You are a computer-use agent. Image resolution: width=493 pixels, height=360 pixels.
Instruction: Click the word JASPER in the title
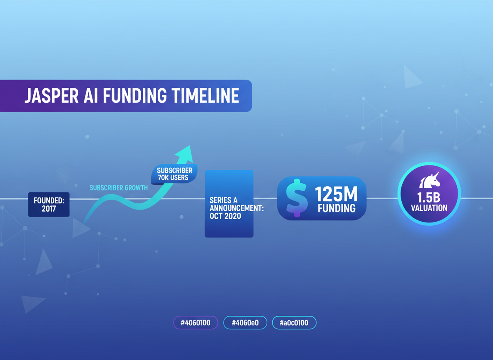tap(52, 96)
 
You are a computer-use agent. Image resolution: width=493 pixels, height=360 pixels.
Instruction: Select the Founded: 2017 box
tap(49, 205)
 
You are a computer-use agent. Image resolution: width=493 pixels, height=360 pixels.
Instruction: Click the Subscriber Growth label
tap(119, 188)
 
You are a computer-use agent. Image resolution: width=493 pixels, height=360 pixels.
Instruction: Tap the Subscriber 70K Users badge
tap(174, 174)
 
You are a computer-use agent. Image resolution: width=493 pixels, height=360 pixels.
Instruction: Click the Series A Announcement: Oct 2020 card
tap(229, 204)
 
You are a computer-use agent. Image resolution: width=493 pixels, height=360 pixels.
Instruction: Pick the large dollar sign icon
tap(296, 198)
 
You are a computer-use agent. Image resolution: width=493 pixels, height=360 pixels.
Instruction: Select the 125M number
tap(336, 194)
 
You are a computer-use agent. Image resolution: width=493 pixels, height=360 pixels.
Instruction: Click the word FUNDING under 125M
tap(336, 208)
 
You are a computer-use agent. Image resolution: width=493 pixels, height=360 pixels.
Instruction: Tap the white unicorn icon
tap(430, 180)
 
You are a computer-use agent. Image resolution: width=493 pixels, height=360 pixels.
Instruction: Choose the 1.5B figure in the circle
tap(428, 197)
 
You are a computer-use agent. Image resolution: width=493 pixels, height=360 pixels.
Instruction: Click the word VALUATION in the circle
tap(429, 208)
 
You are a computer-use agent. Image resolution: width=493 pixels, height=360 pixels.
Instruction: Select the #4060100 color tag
tap(196, 322)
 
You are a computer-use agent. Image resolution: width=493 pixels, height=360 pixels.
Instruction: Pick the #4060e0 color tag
tap(245, 322)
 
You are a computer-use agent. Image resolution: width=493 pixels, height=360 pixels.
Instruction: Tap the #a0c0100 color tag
tap(294, 322)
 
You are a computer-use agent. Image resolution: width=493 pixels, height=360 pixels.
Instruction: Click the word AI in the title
tap(91, 96)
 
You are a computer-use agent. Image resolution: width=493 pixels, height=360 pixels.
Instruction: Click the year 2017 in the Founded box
tap(49, 209)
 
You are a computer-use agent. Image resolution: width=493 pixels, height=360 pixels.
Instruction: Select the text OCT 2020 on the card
tap(225, 216)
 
